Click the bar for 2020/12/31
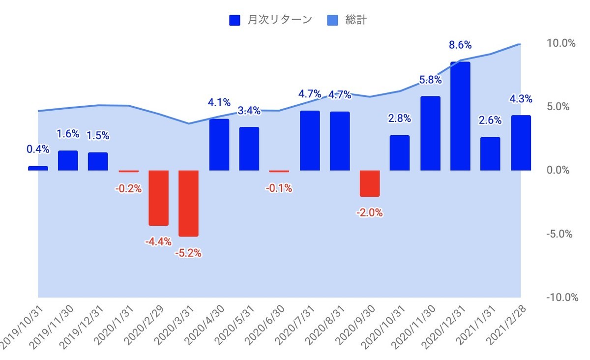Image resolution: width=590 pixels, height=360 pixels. click(460, 116)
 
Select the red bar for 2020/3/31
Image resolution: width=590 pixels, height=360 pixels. click(189, 203)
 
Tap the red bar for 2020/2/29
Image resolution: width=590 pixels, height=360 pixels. click(159, 198)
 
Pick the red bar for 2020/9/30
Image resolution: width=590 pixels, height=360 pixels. click(370, 183)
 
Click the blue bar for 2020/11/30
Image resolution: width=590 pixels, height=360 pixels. click(430, 133)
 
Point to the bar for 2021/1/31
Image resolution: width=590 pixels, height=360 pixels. click(490, 153)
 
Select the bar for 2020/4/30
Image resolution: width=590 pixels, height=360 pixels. click(219, 145)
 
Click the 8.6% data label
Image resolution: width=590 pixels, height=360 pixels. click(460, 45)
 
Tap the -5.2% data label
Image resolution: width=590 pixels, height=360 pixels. click(189, 254)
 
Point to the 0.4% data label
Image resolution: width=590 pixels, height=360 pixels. click(38, 148)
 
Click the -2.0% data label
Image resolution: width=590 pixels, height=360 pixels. click(370, 213)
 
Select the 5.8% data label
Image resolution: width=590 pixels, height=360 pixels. click(430, 80)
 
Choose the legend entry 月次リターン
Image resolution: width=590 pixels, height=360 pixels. click(270, 20)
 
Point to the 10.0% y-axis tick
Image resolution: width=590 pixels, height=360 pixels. click(561, 43)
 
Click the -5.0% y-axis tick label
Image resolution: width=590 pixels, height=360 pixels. click(560, 234)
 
